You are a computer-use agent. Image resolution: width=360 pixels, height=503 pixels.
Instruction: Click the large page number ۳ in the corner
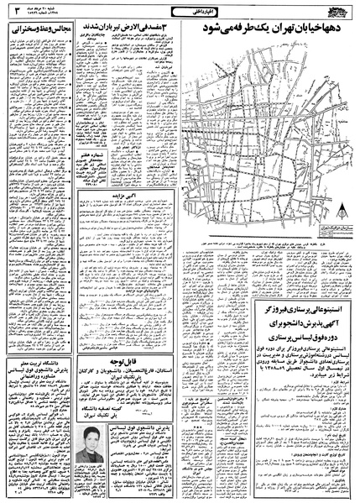click(x=13, y=11)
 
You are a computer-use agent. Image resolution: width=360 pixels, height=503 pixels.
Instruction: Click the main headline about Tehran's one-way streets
click(x=270, y=29)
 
